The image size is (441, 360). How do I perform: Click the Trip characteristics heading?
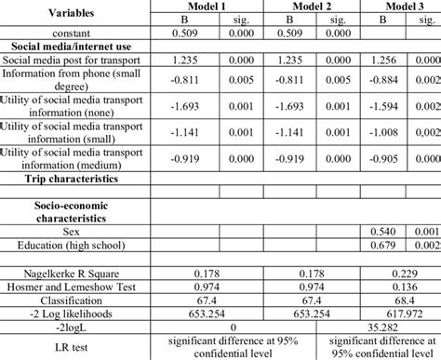pyautogui.click(x=71, y=176)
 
